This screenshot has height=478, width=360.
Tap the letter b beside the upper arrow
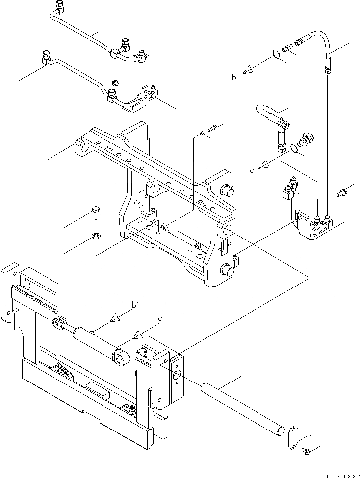point(233,77)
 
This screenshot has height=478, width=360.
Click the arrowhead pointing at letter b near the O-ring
point(248,72)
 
